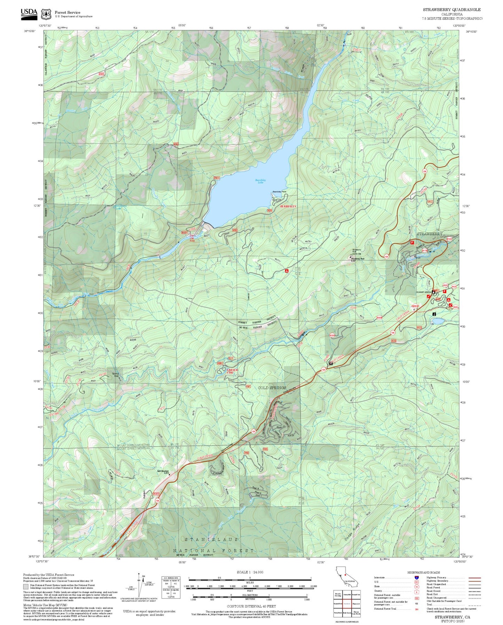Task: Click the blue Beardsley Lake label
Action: pyautogui.click(x=260, y=181)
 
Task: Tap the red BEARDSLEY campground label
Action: pyautogui.click(x=288, y=207)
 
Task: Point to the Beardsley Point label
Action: pyautogui.click(x=279, y=192)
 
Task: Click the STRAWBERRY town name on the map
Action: pyautogui.click(x=429, y=234)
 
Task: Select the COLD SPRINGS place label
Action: pyautogui.click(x=272, y=388)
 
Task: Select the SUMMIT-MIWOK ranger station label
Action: pyautogui.click(x=424, y=292)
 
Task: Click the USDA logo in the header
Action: pyautogui.click(x=29, y=13)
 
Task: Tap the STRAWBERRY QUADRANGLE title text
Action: pyautogui.click(x=452, y=10)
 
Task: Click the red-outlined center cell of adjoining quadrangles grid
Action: pyautogui.click(x=346, y=603)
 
